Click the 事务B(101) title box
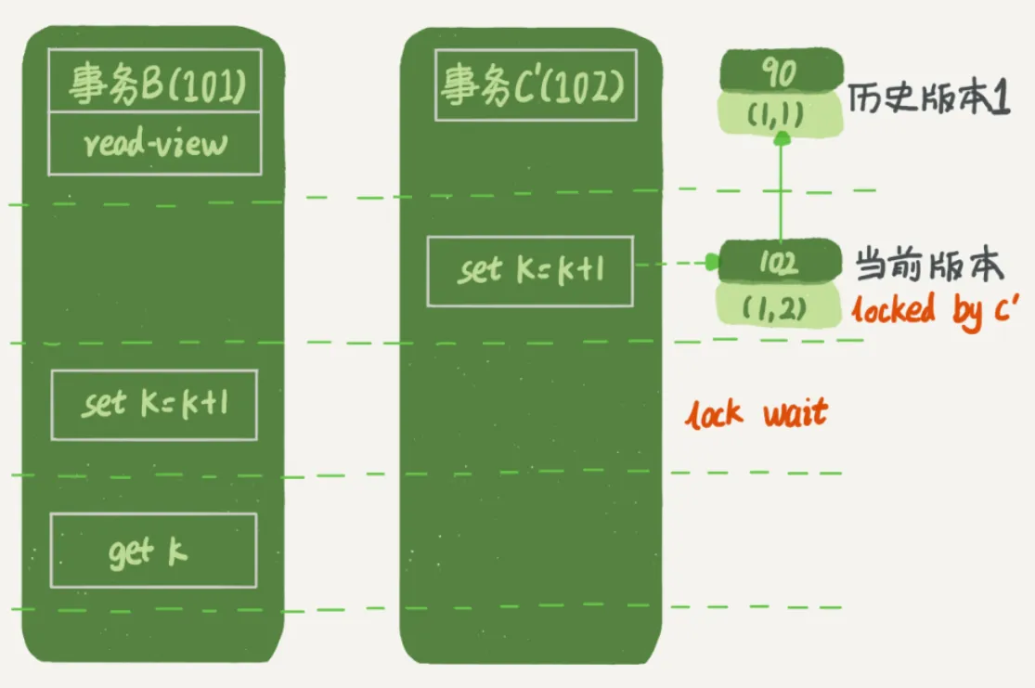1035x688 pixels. coord(154,86)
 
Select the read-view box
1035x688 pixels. coord(154,144)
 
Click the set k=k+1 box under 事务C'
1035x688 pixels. coord(529,270)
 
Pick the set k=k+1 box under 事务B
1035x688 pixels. coord(153,405)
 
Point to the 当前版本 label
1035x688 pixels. coord(929,266)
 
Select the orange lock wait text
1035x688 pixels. coord(756,413)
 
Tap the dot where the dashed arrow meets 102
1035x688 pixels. coord(712,263)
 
